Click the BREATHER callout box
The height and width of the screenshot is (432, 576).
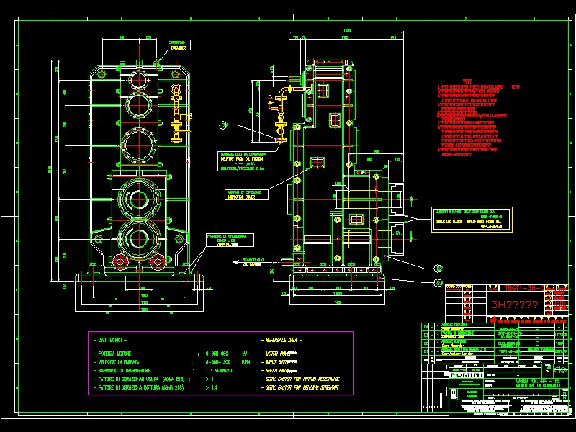[177, 45]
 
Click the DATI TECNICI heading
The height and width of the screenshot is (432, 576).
[112, 338]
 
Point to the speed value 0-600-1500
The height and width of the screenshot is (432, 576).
[220, 362]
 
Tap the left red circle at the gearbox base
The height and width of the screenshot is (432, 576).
[120, 260]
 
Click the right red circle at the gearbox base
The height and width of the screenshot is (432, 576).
[158, 260]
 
